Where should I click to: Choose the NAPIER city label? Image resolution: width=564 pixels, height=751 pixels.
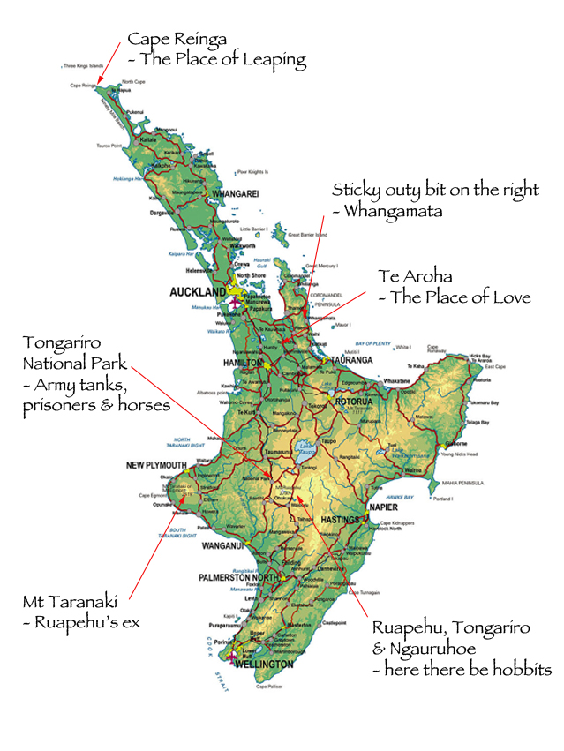[381, 508]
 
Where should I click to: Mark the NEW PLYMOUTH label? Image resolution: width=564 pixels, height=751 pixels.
[156, 465]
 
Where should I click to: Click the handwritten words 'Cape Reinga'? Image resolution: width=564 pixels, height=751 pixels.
[177, 39]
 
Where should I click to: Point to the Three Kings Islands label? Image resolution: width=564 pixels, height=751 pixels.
[82, 65]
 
